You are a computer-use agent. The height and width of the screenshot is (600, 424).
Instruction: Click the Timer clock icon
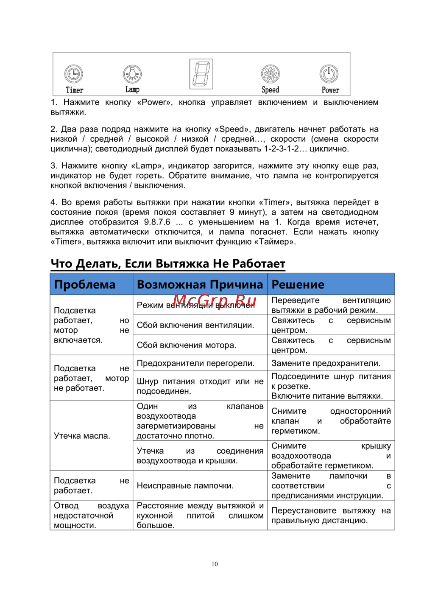[x=74, y=74]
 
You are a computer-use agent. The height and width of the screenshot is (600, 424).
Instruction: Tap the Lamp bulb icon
[x=132, y=74]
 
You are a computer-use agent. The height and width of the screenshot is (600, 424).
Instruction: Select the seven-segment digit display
[x=201, y=74]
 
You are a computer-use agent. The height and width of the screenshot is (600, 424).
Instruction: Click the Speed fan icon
[x=271, y=74]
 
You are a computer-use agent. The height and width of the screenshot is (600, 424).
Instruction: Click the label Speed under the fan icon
[x=270, y=90]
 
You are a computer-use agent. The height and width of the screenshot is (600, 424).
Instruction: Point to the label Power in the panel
[x=330, y=90]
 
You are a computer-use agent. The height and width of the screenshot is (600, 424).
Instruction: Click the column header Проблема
[x=85, y=285]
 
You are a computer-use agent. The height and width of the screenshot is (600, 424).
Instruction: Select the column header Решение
[x=298, y=285]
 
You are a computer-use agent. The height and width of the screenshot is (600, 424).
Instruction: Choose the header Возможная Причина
[x=200, y=285]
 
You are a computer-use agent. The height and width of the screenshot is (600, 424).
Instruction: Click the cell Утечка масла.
[x=82, y=436]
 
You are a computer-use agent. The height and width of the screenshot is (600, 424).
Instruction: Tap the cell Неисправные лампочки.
[x=185, y=485]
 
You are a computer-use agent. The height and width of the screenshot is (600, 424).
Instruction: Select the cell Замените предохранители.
[x=326, y=363]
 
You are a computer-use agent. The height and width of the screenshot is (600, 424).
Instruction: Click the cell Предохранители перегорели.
[x=195, y=363]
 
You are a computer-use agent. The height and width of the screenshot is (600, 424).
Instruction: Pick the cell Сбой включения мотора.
[x=186, y=345]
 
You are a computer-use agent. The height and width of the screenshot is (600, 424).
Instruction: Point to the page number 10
[x=215, y=564]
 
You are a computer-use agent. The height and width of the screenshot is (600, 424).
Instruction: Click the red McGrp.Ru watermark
[x=215, y=302]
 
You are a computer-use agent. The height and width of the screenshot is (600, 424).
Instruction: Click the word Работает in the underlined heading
[x=259, y=264]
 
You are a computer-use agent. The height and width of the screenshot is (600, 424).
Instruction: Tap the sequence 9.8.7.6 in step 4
[x=157, y=222]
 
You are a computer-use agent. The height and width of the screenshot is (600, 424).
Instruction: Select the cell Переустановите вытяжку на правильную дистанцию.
[x=331, y=516]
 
